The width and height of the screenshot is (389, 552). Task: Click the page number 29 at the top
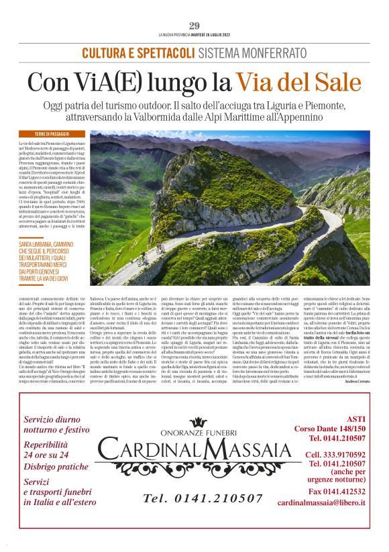pyautogui.click(x=194, y=26)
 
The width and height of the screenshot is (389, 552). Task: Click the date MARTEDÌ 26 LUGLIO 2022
pyautogui.click(x=212, y=35)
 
